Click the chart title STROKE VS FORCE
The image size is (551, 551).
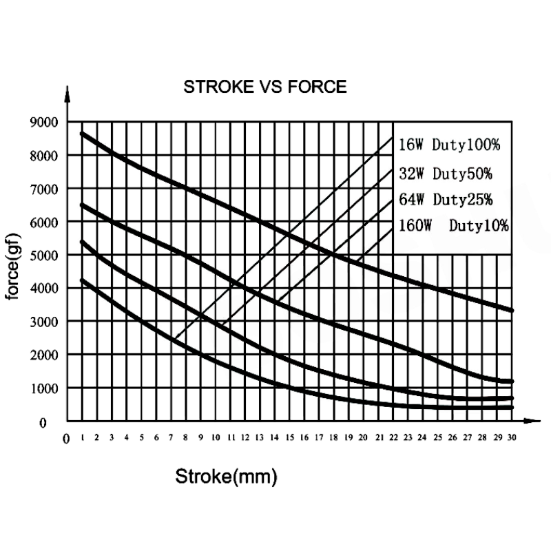tap(265, 87)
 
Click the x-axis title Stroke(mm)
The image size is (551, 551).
tap(227, 477)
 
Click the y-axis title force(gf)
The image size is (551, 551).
tap(12, 267)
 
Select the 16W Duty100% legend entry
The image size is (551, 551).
tap(449, 145)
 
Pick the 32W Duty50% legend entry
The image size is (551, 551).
tap(446, 174)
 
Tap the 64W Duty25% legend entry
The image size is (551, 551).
tap(446, 200)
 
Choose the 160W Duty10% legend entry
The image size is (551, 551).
tap(454, 225)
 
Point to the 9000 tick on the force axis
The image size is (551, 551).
tap(44, 123)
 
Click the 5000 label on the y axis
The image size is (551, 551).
tap(44, 256)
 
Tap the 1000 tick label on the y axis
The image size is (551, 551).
tap(44, 388)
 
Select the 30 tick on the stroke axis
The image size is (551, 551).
tap(512, 437)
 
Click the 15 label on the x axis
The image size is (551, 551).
tap(289, 437)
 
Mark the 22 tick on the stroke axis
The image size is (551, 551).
tap(393, 437)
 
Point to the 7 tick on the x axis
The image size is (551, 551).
tap(171, 437)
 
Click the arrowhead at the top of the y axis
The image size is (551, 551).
tap(67, 94)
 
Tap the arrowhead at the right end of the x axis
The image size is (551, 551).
tap(532, 421)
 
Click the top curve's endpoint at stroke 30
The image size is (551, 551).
tap(512, 311)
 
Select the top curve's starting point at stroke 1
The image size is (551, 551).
tap(82, 134)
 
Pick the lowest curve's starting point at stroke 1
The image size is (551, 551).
tap(82, 280)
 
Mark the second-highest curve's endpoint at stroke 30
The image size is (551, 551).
tap(512, 382)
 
